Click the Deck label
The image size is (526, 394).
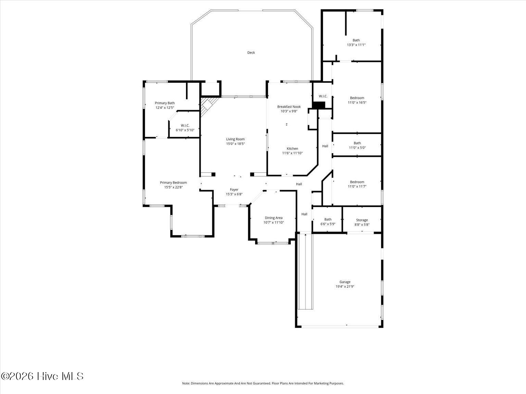(x=251, y=53)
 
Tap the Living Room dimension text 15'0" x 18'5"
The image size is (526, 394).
(x=235, y=144)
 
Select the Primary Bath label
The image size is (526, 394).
(x=165, y=103)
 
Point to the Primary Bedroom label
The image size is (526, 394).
(x=173, y=183)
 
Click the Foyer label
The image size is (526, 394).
(x=234, y=190)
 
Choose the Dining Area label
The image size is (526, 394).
(x=273, y=218)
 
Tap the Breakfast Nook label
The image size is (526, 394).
(x=289, y=107)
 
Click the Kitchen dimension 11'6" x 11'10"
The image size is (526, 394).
(x=292, y=153)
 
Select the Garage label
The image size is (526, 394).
(x=345, y=282)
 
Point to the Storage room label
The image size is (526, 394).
(x=362, y=220)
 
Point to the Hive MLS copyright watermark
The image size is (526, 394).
(x=42, y=376)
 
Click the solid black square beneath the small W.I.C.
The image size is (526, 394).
(x=319, y=105)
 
